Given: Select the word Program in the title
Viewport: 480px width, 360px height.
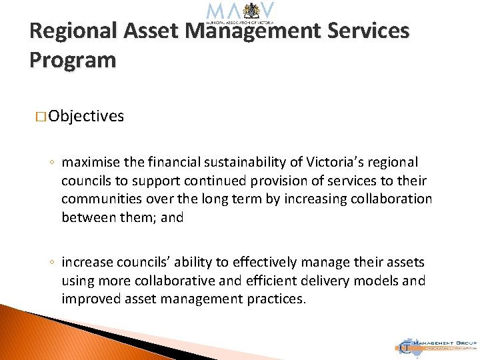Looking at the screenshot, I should [x=73, y=60].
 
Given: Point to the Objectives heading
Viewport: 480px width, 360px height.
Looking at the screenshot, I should [x=86, y=116].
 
